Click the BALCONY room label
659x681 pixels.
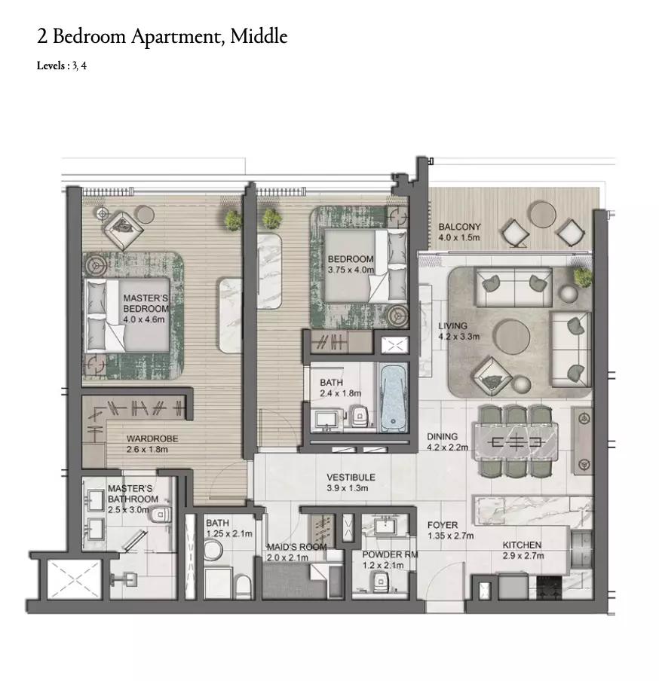click(459, 227)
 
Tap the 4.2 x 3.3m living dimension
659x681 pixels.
click(458, 337)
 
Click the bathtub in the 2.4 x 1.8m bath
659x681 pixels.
click(394, 398)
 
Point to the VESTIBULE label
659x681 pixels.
click(351, 478)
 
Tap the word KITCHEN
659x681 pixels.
click(522, 545)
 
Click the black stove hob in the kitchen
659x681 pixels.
click(550, 588)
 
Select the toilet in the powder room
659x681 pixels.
click(381, 581)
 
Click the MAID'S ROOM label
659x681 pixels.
click(296, 547)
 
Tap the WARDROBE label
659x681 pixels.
click(152, 438)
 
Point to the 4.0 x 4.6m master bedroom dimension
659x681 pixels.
click(143, 319)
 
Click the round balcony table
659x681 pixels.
click(542, 214)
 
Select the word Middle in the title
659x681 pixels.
click(259, 36)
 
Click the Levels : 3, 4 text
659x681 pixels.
click(61, 66)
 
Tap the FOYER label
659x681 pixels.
click(443, 525)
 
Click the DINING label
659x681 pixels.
click(442, 436)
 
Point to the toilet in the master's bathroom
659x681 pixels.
click(160, 515)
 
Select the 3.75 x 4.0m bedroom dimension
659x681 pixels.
click(351, 270)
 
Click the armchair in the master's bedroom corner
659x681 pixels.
click(123, 231)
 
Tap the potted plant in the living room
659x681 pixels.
click(583, 277)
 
